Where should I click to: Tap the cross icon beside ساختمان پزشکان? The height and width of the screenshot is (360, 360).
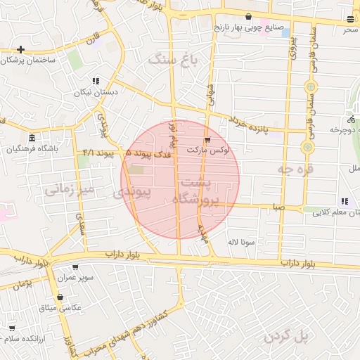[x=21, y=50]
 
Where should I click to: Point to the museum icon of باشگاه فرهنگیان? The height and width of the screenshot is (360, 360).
[x=32, y=136]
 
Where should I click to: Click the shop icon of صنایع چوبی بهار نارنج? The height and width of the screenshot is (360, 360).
[x=248, y=16]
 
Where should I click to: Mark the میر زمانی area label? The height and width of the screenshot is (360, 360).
[x=69, y=190]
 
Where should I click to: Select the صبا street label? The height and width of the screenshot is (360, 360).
[x=279, y=207]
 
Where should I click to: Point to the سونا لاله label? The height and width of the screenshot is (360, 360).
[x=240, y=243]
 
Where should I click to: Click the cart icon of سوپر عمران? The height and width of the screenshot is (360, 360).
[x=75, y=267]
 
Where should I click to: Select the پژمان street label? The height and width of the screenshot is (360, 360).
[x=22, y=283]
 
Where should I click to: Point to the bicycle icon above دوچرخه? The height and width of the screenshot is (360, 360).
[x=350, y=120]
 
